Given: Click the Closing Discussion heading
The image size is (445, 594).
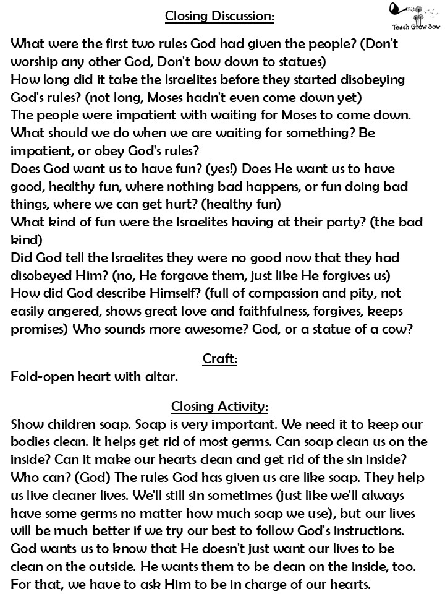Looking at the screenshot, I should tap(219, 17).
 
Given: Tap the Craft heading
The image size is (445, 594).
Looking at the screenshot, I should tap(219, 358).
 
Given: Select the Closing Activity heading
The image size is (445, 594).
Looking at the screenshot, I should tap(219, 407).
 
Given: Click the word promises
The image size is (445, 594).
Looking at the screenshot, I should tap(40, 330).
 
